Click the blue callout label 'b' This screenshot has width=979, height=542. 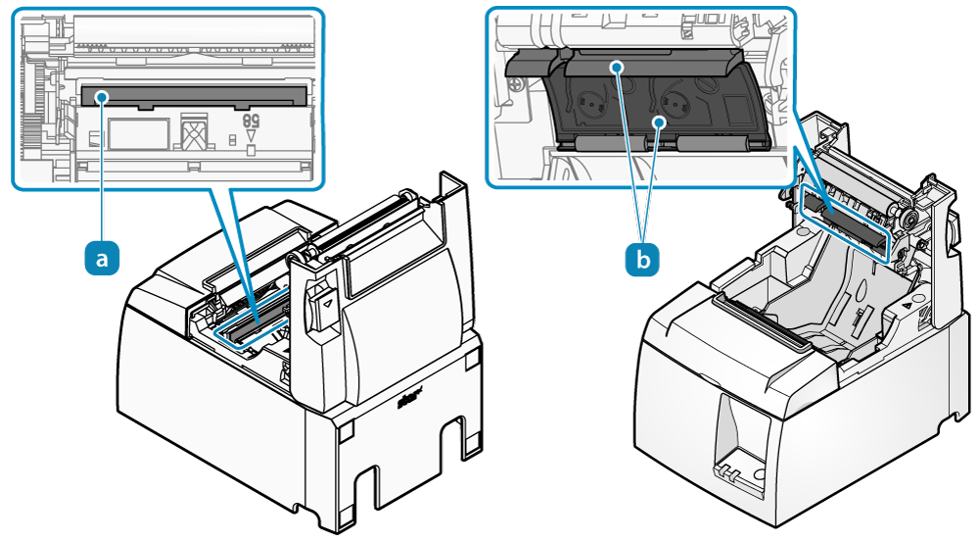click(643, 259)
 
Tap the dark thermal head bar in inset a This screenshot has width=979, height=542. click(196, 95)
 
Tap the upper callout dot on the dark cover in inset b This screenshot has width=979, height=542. click(617, 67)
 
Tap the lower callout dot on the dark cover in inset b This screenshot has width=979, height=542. click(661, 122)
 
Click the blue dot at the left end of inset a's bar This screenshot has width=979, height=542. click(103, 96)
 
